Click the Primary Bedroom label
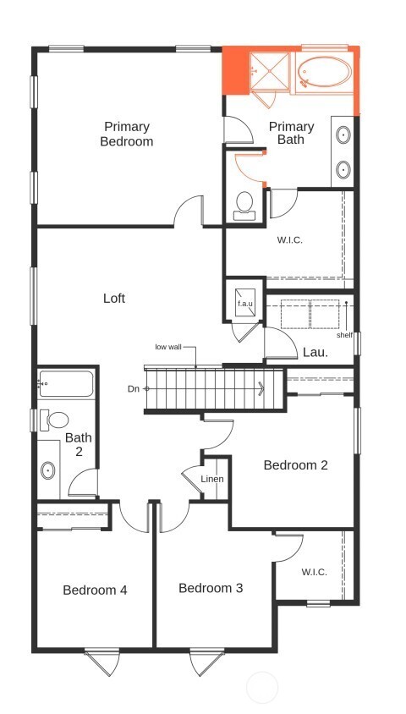click(127, 134)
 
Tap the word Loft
click(114, 298)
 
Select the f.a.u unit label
click(245, 303)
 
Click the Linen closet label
click(212, 480)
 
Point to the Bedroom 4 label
click(95, 590)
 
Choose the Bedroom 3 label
click(211, 588)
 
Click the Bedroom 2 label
click(295, 464)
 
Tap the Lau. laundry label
click(315, 351)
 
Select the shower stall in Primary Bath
click(269, 69)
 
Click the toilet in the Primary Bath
click(244, 204)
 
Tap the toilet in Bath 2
click(57, 420)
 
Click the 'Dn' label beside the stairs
click(134, 388)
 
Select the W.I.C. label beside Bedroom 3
click(314, 572)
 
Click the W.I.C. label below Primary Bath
click(289, 239)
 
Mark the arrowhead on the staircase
click(261, 388)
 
